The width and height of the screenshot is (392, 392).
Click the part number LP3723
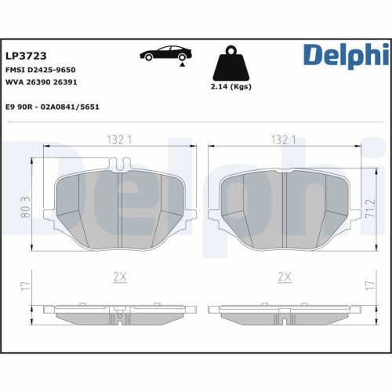(x=26, y=56)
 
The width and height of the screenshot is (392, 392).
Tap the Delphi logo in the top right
(x=345, y=55)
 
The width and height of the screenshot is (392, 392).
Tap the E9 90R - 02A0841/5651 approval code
(x=53, y=107)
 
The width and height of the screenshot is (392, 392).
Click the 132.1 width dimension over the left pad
(x=119, y=140)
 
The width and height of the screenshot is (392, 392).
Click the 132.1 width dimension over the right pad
(x=283, y=140)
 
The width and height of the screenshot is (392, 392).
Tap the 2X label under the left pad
(x=119, y=277)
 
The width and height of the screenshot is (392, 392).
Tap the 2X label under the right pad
(x=284, y=277)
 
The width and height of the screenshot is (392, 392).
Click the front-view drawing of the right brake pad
(x=284, y=208)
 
